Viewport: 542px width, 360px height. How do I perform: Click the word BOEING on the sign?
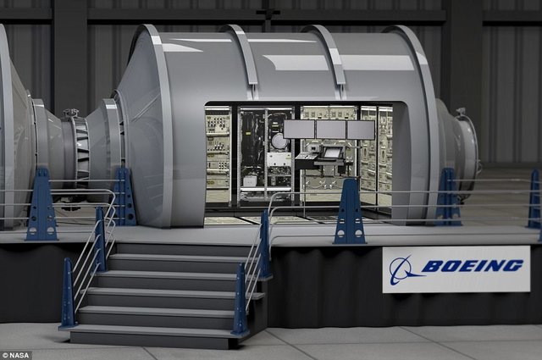(473, 266)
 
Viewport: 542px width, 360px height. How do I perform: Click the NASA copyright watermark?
(15, 355)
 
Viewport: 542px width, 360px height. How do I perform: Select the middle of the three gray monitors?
(331, 129)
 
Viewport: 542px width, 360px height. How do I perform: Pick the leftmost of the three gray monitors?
(299, 129)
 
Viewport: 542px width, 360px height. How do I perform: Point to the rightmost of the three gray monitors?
(361, 130)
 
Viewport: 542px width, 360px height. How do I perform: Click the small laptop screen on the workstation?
(332, 152)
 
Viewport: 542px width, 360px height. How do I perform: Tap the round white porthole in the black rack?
(279, 141)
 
